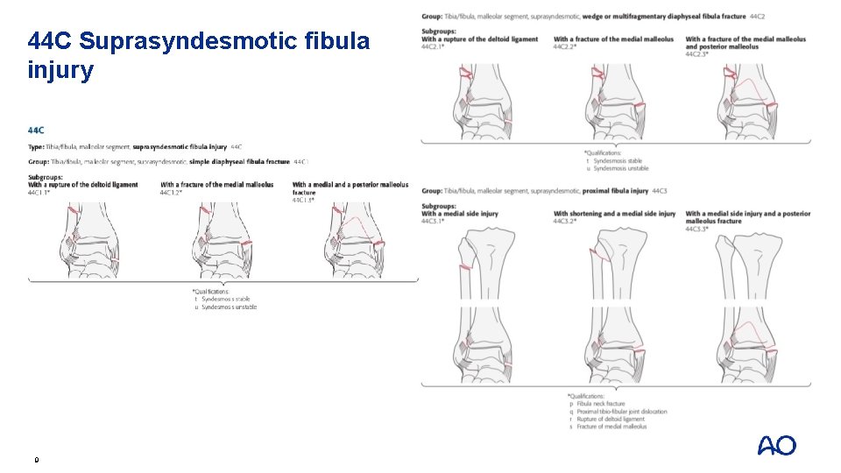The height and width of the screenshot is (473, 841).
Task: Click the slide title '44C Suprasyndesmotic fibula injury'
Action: [200, 55]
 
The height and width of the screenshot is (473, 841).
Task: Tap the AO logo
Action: [777, 446]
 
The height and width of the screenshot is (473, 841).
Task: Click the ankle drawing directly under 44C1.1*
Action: [93, 241]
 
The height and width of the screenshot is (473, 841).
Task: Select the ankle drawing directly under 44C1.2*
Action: [224, 241]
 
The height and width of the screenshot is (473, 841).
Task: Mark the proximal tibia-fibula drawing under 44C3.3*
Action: [750, 263]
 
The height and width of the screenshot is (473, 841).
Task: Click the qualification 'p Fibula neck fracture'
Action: [601, 404]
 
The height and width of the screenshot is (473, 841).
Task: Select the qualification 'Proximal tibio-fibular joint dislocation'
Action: [621, 412]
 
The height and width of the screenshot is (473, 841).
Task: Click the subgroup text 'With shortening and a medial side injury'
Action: [615, 214]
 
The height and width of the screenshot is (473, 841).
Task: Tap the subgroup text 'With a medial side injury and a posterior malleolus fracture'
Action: [747, 217]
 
